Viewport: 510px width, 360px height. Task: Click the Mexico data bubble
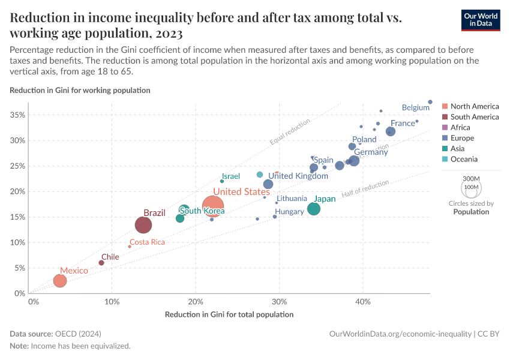click(59, 281)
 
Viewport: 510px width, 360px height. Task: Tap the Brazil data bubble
click(143, 225)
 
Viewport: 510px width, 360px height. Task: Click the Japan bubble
click(314, 209)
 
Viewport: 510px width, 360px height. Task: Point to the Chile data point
click(101, 263)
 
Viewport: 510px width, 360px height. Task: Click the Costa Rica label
click(147, 242)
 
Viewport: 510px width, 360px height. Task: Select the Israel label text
click(231, 176)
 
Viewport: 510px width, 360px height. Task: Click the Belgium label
click(415, 108)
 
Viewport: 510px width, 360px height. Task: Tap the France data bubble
click(391, 131)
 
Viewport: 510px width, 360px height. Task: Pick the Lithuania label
click(292, 199)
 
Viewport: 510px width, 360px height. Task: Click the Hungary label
click(289, 212)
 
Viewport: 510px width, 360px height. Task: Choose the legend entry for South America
click(474, 117)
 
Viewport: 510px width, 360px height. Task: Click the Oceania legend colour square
click(445, 159)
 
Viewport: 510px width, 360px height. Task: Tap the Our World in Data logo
click(481, 19)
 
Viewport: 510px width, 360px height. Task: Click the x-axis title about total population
click(229, 314)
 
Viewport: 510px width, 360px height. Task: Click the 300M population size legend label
click(472, 179)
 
